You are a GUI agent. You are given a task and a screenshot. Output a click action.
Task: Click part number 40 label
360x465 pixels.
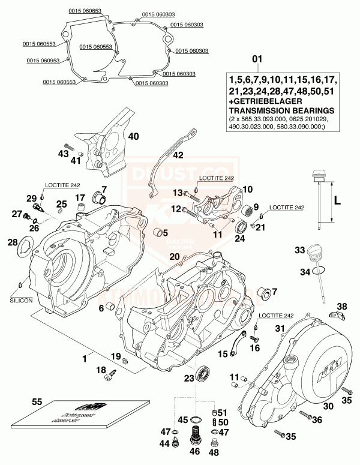pyautogui.click(x=133, y=137)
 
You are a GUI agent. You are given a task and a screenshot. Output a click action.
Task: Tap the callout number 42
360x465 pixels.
pyautogui.click(x=178, y=155)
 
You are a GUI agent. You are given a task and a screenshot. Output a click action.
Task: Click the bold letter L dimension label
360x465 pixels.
pyautogui.click(x=337, y=202)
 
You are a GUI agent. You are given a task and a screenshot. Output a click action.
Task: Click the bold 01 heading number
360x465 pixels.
pyautogui.click(x=257, y=59)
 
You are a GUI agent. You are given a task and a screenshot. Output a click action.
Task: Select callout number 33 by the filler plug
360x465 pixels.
pyautogui.click(x=299, y=250)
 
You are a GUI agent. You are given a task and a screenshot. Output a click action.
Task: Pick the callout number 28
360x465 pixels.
pyautogui.click(x=13, y=242)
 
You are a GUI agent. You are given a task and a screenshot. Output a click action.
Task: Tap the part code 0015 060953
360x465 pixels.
pyautogui.click(x=41, y=60)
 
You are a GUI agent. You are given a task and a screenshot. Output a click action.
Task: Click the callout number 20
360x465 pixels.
pyautogui.click(x=174, y=257)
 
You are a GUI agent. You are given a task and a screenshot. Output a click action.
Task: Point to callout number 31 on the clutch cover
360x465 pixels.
pyautogui.click(x=279, y=328)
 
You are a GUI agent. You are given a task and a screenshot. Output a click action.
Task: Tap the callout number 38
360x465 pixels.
pyautogui.click(x=341, y=307)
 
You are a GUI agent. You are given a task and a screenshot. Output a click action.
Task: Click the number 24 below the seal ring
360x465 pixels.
pyautogui.click(x=240, y=238)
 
